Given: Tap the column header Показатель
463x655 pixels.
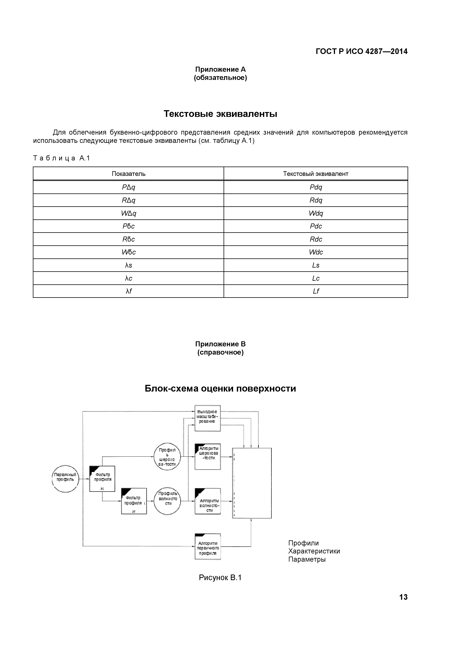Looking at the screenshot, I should pos(129,174).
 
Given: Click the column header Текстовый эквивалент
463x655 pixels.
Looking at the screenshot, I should pos(316,174).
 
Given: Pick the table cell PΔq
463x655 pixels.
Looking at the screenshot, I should pos(129,187).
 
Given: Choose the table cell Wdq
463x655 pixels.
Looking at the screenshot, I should pos(316,213).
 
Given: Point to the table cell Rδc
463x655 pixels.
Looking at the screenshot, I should pos(129,239).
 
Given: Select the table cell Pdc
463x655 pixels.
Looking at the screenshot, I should pos(316,226).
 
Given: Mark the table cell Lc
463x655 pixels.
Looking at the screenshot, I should pos(316,278).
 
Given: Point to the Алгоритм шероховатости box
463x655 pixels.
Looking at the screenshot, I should pos(208,457).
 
